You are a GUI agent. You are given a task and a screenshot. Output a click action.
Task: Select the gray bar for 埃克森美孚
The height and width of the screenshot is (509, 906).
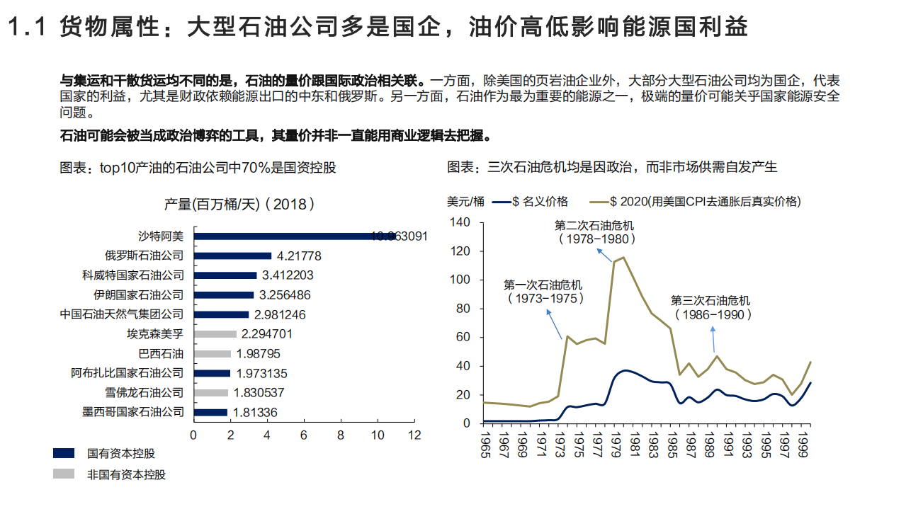click(x=215, y=333)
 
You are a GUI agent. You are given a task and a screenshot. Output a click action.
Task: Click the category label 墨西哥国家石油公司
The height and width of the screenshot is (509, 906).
click(x=133, y=412)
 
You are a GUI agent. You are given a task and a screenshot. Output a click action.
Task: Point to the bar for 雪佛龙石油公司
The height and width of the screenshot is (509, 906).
click(x=210, y=392)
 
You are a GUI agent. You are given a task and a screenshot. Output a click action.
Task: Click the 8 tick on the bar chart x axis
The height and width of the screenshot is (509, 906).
click(x=340, y=435)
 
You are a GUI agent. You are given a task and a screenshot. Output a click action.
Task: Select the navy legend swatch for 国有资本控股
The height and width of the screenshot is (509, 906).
click(x=64, y=453)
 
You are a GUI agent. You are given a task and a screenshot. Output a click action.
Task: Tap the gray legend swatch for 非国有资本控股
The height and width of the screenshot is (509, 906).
click(x=64, y=474)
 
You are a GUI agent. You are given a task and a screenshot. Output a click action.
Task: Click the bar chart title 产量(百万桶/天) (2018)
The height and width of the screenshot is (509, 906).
click(x=239, y=204)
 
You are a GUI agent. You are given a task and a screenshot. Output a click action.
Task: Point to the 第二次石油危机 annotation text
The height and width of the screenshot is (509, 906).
click(x=594, y=231)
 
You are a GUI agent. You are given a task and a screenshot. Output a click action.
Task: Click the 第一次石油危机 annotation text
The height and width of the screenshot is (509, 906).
click(x=543, y=292)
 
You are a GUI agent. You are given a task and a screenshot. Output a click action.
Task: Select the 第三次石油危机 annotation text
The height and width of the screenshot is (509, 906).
click(x=710, y=307)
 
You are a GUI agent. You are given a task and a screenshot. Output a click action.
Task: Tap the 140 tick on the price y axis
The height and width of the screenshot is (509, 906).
click(x=460, y=222)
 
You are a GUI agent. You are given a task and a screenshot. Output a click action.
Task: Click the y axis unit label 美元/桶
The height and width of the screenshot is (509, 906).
click(x=466, y=202)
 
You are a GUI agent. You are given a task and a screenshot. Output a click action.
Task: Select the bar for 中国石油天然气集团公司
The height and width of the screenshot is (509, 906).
click(x=221, y=314)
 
